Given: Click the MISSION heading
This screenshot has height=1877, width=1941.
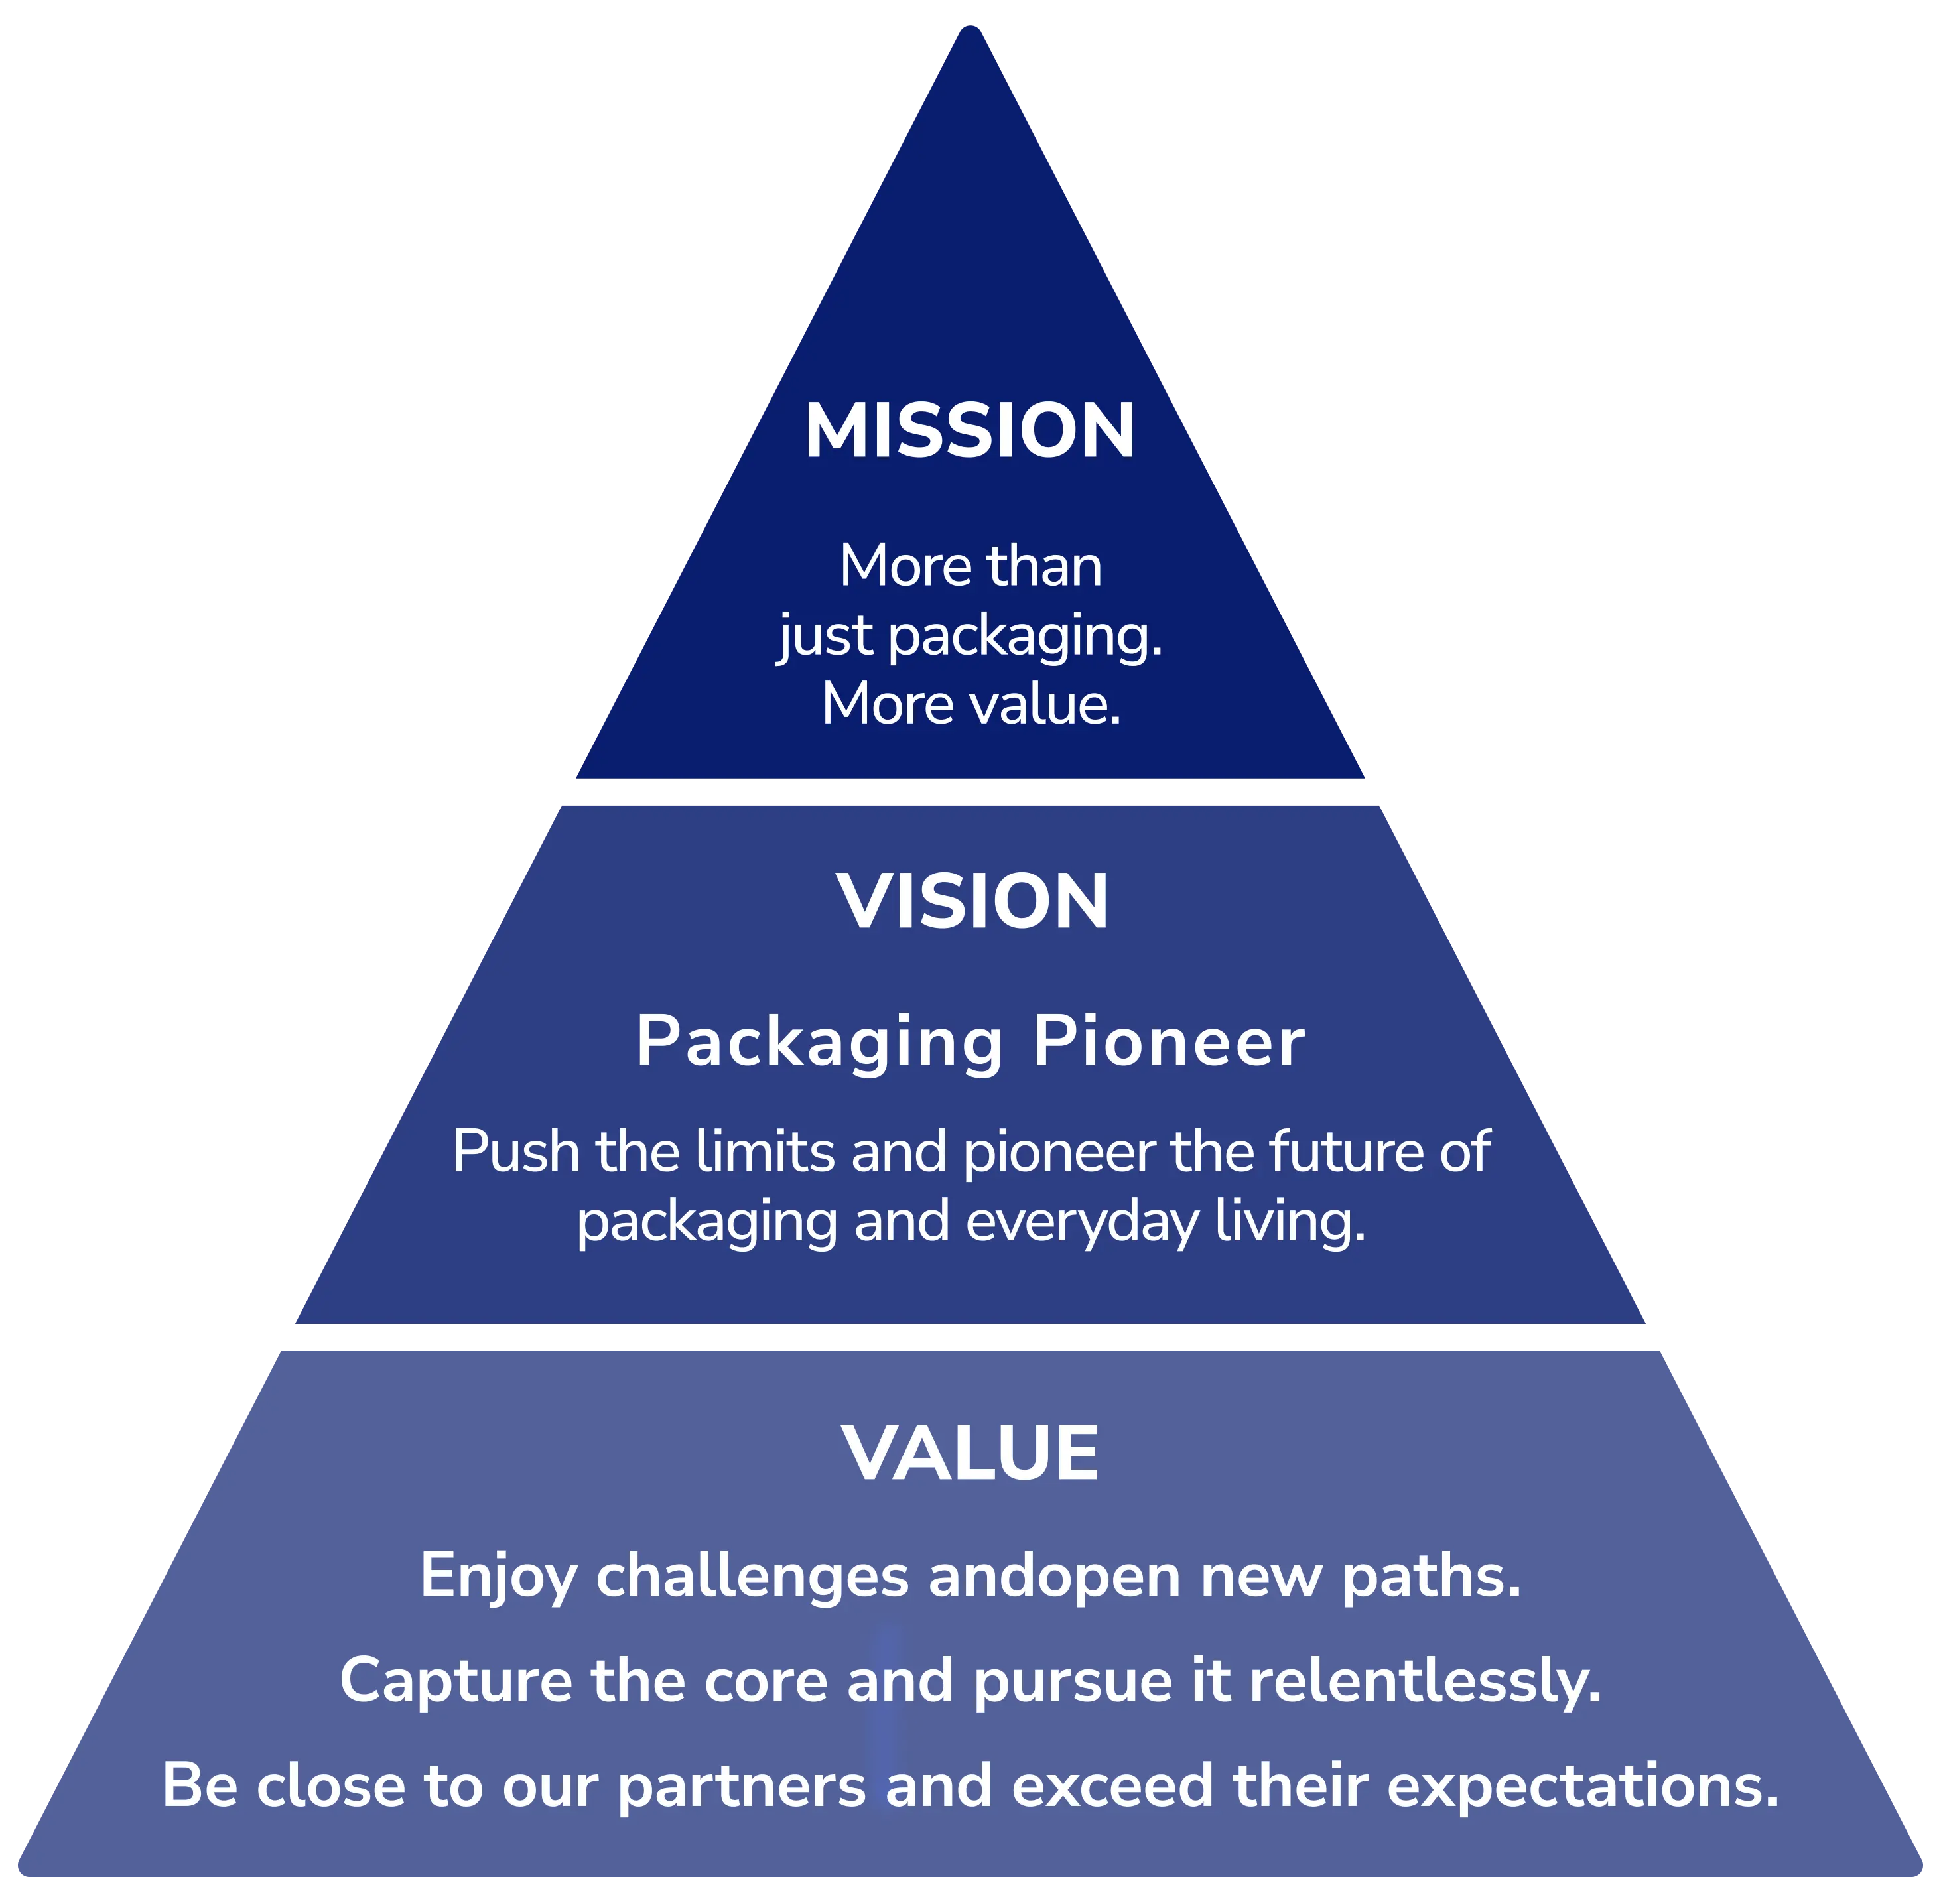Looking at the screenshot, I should coord(970,432).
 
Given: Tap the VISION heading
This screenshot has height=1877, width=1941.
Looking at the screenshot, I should coord(972,902).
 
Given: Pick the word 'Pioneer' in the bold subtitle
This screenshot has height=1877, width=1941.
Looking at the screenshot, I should coord(1169,1043).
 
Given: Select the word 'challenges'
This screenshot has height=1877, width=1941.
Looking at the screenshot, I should coord(752,1576).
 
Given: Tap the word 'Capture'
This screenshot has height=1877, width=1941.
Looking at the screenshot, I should coord(456,1681).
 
